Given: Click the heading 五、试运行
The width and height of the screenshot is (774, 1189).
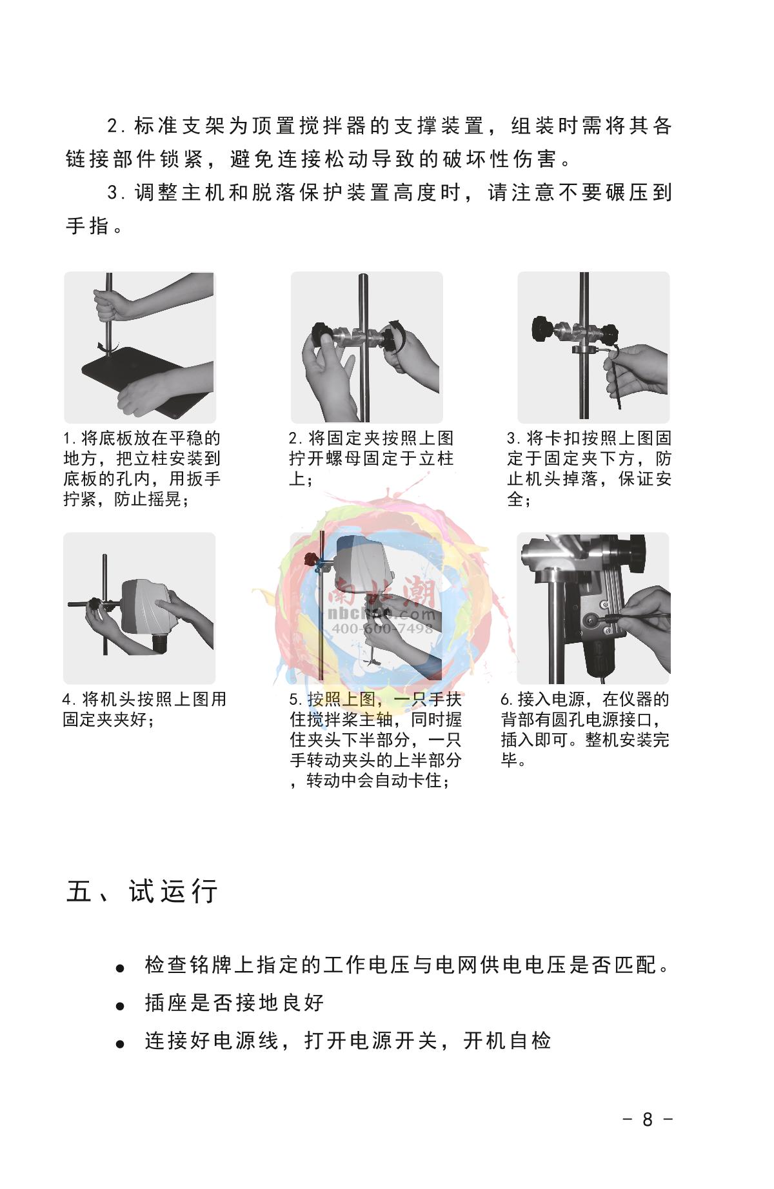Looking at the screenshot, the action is (x=142, y=892).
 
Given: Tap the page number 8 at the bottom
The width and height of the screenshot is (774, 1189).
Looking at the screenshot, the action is (x=648, y=1119).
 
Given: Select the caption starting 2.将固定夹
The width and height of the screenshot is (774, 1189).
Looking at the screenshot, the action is (x=372, y=458).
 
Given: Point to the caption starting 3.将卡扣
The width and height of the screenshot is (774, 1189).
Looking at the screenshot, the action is (x=589, y=469).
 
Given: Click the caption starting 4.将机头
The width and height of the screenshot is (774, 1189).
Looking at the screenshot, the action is (x=144, y=709).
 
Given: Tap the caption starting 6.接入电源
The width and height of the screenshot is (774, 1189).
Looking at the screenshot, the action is (x=585, y=730).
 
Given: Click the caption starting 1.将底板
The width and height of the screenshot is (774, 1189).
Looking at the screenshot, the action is (x=142, y=469).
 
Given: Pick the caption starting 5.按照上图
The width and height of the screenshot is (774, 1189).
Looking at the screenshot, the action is (x=376, y=740).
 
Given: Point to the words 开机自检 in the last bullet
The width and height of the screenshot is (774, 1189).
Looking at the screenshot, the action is (x=508, y=1041).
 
